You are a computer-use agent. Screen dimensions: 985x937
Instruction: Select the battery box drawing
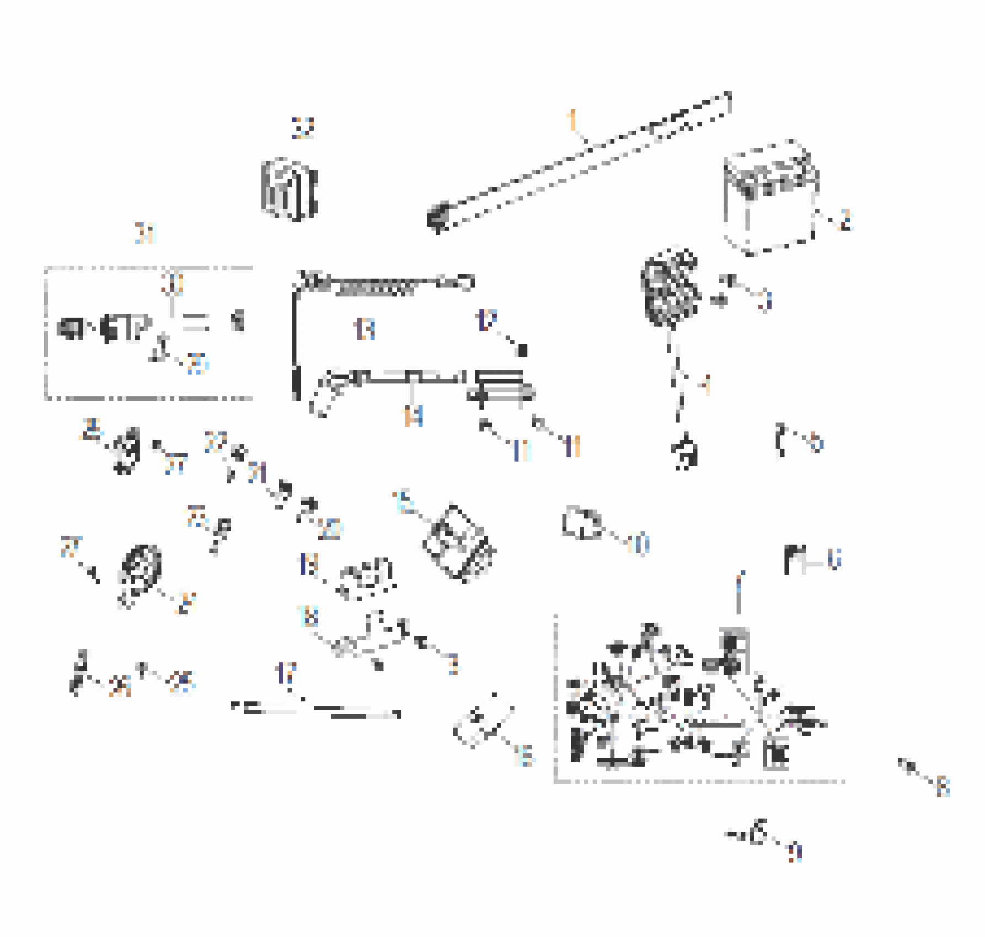tap(770, 198)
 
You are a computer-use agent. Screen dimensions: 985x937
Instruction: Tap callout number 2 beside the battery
tap(845, 220)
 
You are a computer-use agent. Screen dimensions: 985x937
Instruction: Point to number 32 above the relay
tap(303, 128)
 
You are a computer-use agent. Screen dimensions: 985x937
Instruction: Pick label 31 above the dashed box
tap(146, 234)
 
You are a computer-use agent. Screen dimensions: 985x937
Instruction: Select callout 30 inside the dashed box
tap(173, 283)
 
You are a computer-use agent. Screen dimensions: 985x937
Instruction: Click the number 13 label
tap(365, 329)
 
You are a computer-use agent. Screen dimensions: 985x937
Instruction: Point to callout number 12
tap(486, 320)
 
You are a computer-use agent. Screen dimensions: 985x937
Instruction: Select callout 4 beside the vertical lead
tap(705, 384)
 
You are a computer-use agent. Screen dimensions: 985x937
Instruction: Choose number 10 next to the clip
tap(638, 544)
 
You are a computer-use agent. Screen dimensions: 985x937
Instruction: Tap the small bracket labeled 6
tap(794, 559)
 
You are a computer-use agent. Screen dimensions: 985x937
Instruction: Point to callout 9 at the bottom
tap(794, 852)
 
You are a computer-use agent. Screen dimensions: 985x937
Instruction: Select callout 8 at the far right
tap(943, 786)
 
